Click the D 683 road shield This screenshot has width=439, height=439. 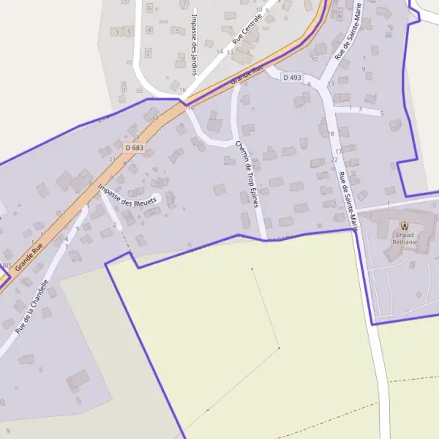[x=134, y=147]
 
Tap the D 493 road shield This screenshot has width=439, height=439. [x=291, y=77]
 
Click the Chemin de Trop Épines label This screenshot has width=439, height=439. [x=247, y=174]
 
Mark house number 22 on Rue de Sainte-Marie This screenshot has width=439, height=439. [x=334, y=160]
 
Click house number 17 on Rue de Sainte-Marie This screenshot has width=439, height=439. [x=338, y=151]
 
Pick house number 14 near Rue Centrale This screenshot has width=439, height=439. [x=219, y=51]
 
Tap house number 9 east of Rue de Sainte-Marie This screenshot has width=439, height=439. [x=364, y=69]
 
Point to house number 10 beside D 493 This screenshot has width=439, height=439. [x=315, y=59]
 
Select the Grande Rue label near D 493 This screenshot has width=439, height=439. [x=247, y=75]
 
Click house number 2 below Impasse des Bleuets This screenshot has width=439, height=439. [x=114, y=225]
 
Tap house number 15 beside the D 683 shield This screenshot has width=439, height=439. [x=135, y=136]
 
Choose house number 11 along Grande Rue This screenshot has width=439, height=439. [x=111, y=158]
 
